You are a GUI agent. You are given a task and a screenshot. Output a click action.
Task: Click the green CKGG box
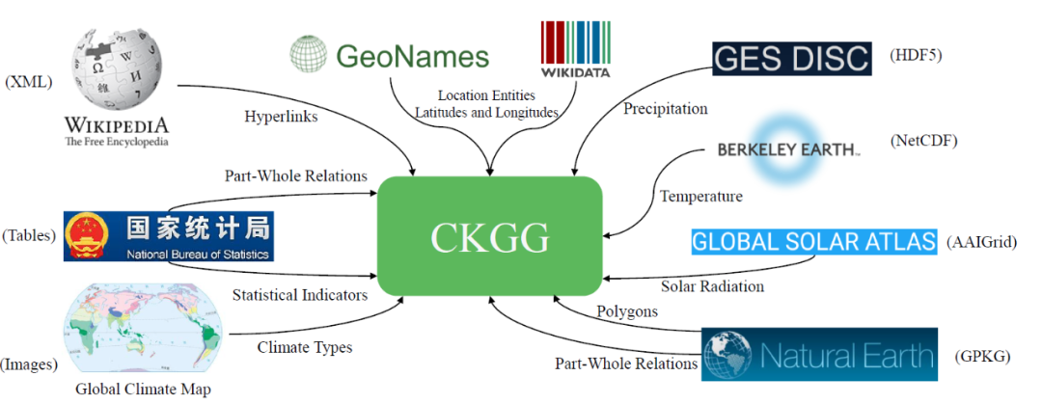click(489, 237)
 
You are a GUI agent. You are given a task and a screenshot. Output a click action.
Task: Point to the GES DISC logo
click(791, 58)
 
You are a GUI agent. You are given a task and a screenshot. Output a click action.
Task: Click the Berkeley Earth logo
click(788, 149)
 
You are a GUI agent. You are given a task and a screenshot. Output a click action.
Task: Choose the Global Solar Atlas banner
click(813, 240)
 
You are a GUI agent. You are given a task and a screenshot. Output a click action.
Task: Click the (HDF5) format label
click(915, 56)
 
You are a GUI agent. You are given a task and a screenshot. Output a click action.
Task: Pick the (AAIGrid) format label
click(983, 241)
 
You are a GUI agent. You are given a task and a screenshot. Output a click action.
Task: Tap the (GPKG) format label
click(982, 356)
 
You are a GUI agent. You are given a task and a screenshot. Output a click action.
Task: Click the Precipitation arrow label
click(665, 108)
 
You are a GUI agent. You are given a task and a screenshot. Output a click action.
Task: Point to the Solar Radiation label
click(712, 286)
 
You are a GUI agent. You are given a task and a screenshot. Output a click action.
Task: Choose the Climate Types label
click(304, 347)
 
